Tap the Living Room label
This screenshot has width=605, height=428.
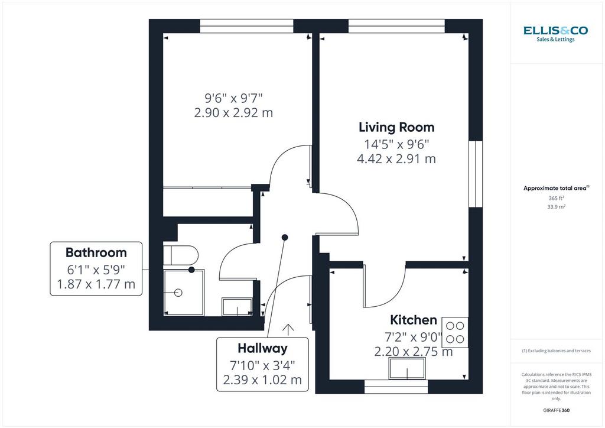pyautogui.click(x=396, y=127)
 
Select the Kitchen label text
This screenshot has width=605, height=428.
pyautogui.click(x=413, y=320)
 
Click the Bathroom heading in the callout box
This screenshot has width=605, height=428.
pyautogui.click(x=96, y=252)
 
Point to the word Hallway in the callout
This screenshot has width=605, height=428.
pyautogui.click(x=262, y=349)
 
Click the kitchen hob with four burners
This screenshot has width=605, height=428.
pyautogui.click(x=455, y=332)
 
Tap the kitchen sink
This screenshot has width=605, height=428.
pyautogui.click(x=407, y=368)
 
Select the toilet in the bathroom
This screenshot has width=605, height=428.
pyautogui.click(x=181, y=255)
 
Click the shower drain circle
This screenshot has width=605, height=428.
pyautogui.click(x=178, y=293)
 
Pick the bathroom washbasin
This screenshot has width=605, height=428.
pyautogui.click(x=238, y=306)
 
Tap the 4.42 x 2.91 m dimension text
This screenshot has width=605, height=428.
pyautogui.click(x=396, y=158)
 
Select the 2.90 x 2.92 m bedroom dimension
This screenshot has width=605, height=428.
pyautogui.click(x=233, y=113)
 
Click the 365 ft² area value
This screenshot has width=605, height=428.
pyautogui.click(x=557, y=198)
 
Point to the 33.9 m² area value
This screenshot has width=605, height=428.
pyautogui.click(x=557, y=206)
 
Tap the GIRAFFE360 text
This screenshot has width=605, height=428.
pyautogui.click(x=556, y=410)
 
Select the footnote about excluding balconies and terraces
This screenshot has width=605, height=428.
pyautogui.click(x=556, y=351)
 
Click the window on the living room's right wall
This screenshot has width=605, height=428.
pyautogui.click(x=476, y=174)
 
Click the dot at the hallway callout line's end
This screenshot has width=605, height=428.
pyautogui.click(x=285, y=237)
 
